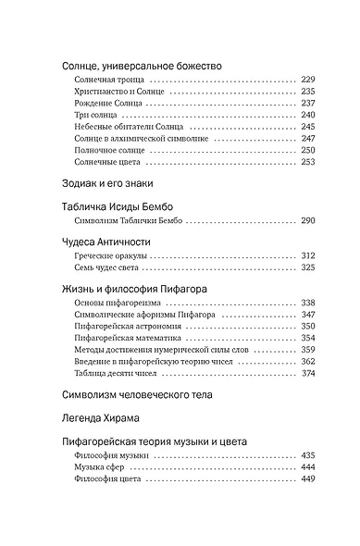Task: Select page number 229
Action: [x=308, y=81]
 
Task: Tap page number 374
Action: [x=308, y=373]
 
